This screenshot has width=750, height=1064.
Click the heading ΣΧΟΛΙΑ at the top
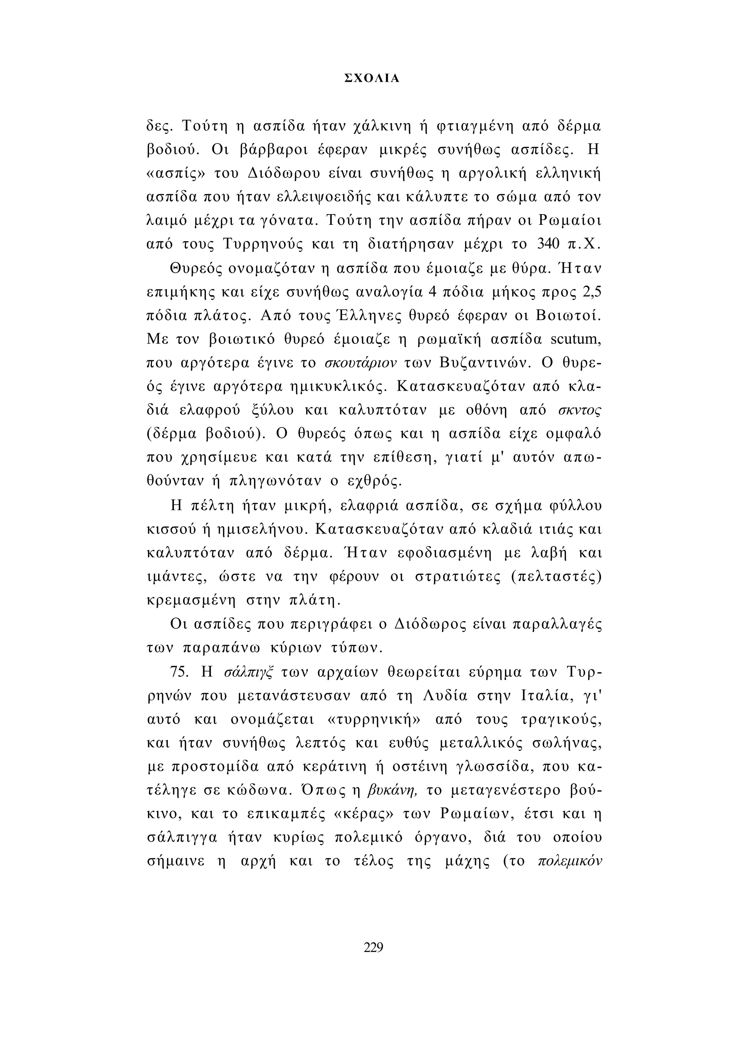point(372,79)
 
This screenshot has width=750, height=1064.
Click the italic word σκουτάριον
point(361,362)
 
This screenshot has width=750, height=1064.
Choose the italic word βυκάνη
point(394,791)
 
